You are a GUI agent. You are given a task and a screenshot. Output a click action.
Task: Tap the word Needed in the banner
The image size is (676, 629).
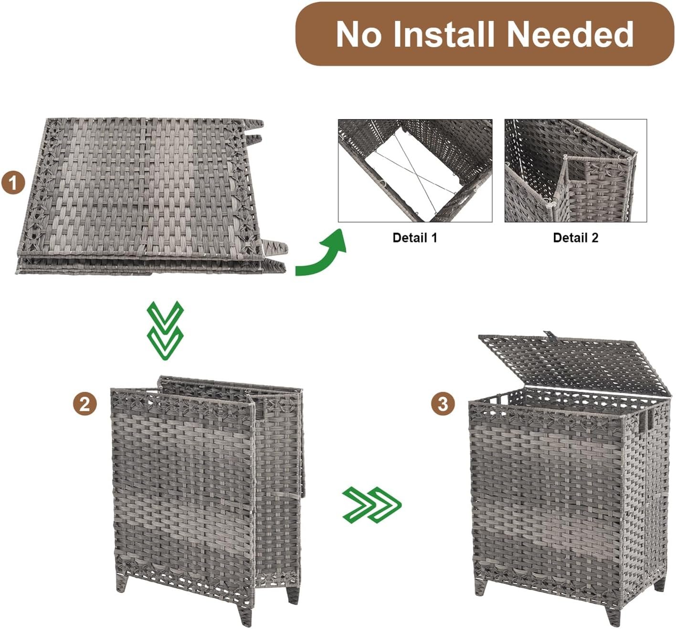pyautogui.click(x=570, y=34)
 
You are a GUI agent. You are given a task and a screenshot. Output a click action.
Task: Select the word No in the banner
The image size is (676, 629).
pyautogui.click(x=359, y=34)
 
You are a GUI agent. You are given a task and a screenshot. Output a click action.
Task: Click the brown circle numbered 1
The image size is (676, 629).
pyautogui.click(x=13, y=183)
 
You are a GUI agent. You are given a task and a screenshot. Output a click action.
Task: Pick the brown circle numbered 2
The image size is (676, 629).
pyautogui.click(x=85, y=404)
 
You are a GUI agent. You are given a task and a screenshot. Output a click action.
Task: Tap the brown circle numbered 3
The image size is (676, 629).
pyautogui.click(x=443, y=404)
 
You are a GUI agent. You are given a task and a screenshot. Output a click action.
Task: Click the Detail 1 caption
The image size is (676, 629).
pyautogui.click(x=414, y=238)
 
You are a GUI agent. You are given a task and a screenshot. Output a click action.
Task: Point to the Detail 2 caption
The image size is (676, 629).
pyautogui.click(x=576, y=238)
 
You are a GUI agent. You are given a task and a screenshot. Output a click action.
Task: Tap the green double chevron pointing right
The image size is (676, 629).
pyautogui.click(x=372, y=505)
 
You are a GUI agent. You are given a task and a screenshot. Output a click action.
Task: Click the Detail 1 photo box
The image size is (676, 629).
pyautogui.click(x=415, y=170)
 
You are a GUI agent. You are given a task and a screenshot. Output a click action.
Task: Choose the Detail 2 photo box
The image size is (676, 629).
pyautogui.click(x=576, y=170)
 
